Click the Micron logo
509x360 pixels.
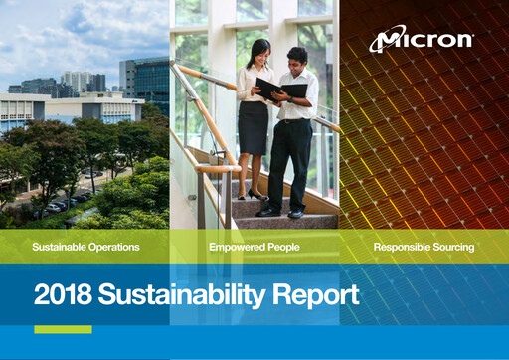click(422, 41)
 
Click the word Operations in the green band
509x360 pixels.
click(111, 246)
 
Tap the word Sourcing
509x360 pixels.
click(452, 246)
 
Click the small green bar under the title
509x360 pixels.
click(63, 330)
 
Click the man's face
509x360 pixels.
click(297, 58)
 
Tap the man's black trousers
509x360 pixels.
click(291, 159)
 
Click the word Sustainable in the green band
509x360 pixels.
click(56, 246)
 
